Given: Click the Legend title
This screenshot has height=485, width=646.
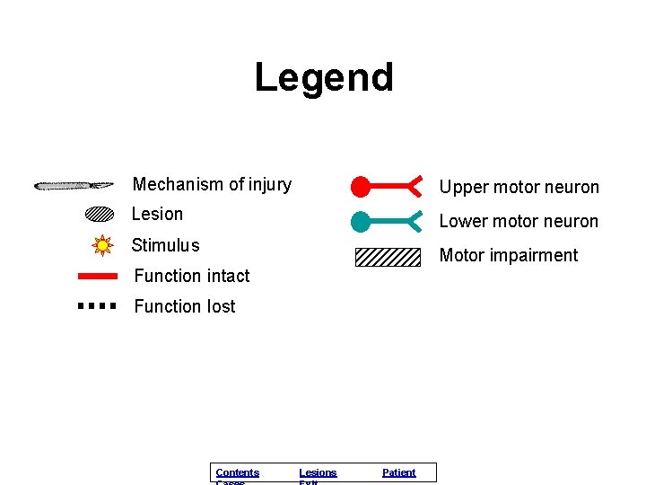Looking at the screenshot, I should click(x=324, y=77).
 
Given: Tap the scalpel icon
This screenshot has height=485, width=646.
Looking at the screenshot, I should click(x=74, y=186).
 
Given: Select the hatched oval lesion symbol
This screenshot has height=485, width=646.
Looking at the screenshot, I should click(x=100, y=215).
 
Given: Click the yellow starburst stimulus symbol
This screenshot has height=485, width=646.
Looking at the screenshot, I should click(x=102, y=244).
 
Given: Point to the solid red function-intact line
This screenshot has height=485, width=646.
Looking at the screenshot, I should click(x=98, y=276).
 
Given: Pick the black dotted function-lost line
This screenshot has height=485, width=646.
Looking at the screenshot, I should click(x=98, y=305).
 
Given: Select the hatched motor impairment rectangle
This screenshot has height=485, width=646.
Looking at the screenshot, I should click(x=388, y=257).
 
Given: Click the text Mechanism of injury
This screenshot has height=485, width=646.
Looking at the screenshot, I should click(x=212, y=184).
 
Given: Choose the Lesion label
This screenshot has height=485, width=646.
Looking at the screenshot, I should click(x=157, y=214).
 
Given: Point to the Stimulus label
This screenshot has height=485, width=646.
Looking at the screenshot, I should click(x=165, y=245).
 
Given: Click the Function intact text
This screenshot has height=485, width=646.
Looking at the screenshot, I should click(x=191, y=276).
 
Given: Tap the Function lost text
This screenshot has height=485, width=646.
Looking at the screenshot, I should click(x=184, y=306).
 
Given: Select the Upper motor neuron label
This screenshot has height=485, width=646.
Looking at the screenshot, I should click(x=519, y=187).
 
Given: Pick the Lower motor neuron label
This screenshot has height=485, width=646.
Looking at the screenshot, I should click(x=519, y=221).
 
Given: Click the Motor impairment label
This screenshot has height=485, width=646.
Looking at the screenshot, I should click(x=508, y=255).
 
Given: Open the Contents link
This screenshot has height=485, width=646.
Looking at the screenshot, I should click(x=238, y=472).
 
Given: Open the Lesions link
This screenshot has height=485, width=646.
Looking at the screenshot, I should click(x=318, y=472).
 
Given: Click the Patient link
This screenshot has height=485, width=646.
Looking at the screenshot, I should click(x=398, y=472).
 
